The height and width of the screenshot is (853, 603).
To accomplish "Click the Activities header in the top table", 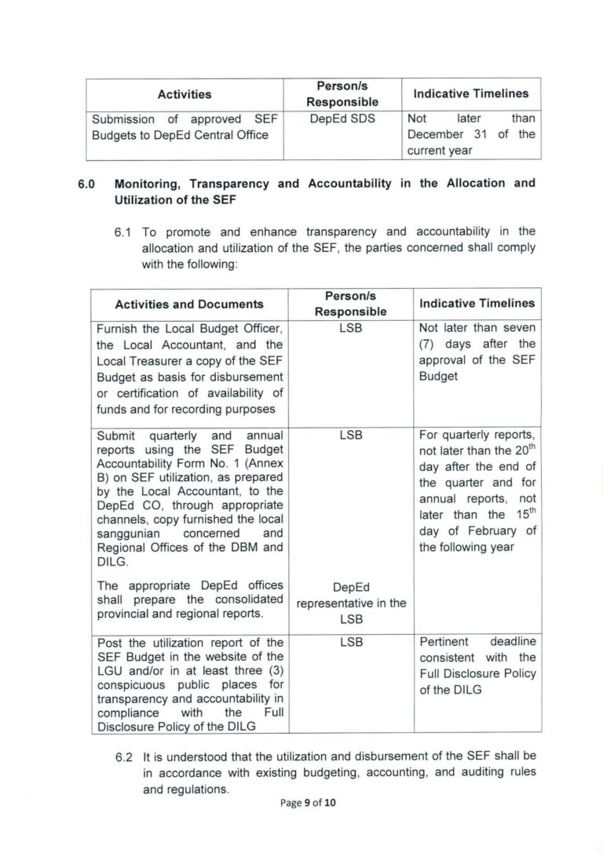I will pyautogui.click(x=185, y=94).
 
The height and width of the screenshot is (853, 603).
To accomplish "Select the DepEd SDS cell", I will pyautogui.click(x=342, y=118).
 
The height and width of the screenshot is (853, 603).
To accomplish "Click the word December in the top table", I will pyautogui.click(x=435, y=134).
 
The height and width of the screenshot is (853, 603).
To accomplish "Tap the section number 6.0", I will pyautogui.click(x=86, y=183).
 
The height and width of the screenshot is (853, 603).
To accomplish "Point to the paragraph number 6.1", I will pyautogui.click(x=125, y=231).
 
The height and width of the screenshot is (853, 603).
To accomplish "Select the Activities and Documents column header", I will pyautogui.click(x=189, y=304).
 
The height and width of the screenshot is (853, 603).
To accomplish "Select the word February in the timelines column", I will pyautogui.click(x=484, y=531).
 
